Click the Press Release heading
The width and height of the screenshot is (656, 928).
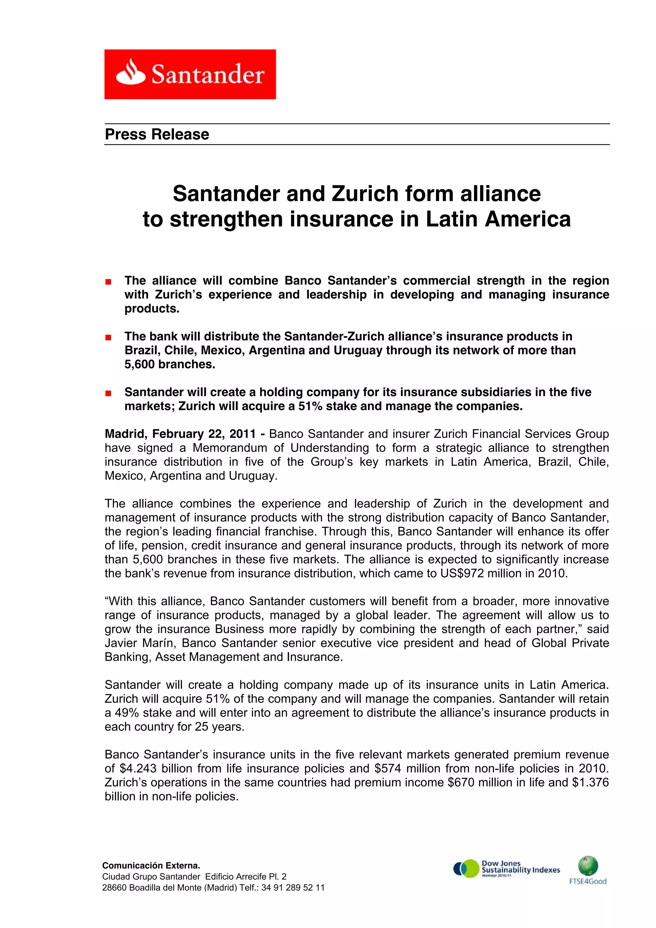pos(157,134)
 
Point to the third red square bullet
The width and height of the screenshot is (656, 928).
pos(108,393)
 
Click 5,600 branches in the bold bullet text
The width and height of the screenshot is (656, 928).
pos(170,364)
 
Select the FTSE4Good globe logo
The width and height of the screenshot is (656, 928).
pos(588,870)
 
